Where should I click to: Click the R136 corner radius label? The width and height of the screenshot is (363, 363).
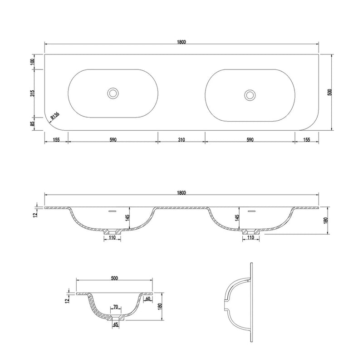click(x=55, y=116)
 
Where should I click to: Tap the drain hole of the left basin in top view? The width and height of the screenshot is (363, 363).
click(x=113, y=93)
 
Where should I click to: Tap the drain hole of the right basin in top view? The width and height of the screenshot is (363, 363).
click(x=250, y=95)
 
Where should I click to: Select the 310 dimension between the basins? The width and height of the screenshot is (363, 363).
click(x=181, y=140)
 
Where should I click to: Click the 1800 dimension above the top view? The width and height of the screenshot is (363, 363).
click(x=181, y=42)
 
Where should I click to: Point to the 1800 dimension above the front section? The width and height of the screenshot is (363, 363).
click(x=181, y=192)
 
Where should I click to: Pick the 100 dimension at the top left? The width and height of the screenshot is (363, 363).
click(x=33, y=62)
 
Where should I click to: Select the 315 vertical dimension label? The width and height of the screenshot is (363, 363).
click(x=33, y=93)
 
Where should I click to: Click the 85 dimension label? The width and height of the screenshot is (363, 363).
click(x=33, y=124)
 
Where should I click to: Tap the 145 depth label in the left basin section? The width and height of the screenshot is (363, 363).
click(x=127, y=218)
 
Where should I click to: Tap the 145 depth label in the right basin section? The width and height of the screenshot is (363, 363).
click(x=237, y=218)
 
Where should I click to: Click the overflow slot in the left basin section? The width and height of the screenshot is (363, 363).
click(x=113, y=211)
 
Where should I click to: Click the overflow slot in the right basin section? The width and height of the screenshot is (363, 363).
click(x=251, y=211)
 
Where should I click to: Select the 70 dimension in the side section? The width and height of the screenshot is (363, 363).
click(x=116, y=307)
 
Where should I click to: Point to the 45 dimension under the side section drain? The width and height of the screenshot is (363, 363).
click(x=116, y=324)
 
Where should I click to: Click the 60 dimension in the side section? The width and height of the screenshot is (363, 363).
click(x=148, y=299)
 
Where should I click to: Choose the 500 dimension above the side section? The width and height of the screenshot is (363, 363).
click(x=114, y=278)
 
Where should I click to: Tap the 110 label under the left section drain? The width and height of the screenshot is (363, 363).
click(x=112, y=237)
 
